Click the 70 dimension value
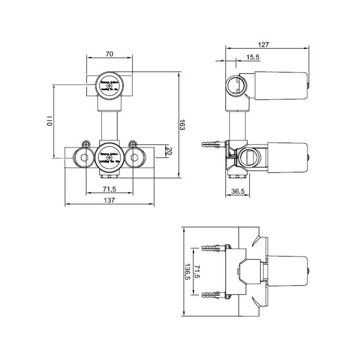pos(110,54)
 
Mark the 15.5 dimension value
pos(253,58)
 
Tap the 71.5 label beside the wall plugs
pos(197,271)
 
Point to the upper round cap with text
pos(109,86)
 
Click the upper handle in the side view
pos(280,85)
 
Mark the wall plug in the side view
pos(212,144)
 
